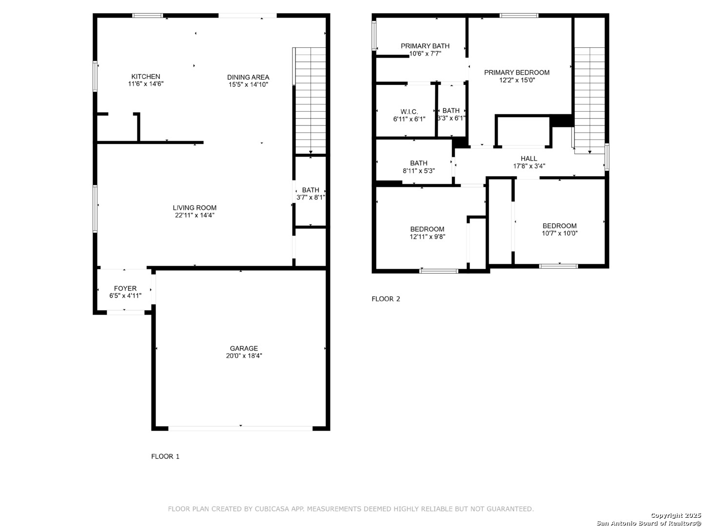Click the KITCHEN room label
(x=145, y=77)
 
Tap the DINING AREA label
(x=248, y=77)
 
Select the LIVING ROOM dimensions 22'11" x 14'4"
(x=195, y=215)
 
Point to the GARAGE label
(x=244, y=348)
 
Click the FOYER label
(x=125, y=288)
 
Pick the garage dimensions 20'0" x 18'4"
(x=244, y=356)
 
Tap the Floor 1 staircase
(x=309, y=101)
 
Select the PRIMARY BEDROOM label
(x=516, y=73)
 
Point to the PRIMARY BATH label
(x=425, y=46)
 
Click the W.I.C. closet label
(x=409, y=112)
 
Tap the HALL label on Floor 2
(x=528, y=159)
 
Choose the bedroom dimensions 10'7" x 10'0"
(x=559, y=233)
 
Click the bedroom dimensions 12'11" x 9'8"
(x=427, y=237)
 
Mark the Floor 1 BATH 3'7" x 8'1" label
(x=310, y=194)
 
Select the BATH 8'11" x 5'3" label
(x=419, y=167)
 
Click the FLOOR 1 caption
(x=165, y=456)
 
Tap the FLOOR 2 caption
(x=386, y=299)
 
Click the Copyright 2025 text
(x=676, y=515)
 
